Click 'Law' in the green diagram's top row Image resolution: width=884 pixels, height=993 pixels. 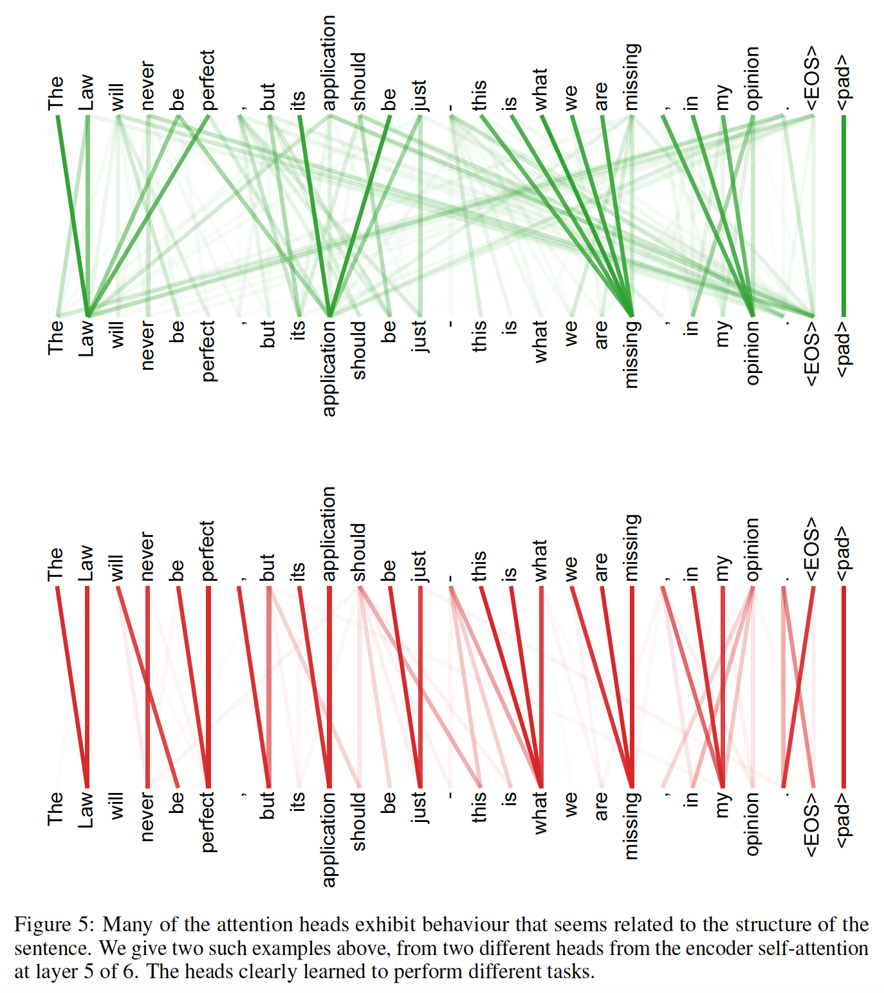87,93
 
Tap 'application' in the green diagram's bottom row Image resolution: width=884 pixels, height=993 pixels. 329,368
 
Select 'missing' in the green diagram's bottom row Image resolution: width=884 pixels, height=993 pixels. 632,354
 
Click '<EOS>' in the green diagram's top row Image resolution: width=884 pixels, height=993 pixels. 813,78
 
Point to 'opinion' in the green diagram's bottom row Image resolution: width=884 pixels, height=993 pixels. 752,353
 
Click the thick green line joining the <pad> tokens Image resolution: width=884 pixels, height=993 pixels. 843,215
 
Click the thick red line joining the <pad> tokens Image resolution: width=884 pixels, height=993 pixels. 843,687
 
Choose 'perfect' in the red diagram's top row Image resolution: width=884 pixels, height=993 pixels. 207,551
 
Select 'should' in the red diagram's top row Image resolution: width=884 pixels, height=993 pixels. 359,552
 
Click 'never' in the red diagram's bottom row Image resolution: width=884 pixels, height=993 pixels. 147,816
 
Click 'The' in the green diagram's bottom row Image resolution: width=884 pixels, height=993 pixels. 56,338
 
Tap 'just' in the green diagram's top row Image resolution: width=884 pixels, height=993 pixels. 419,95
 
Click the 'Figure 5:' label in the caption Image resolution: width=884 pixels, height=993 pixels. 54,925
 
